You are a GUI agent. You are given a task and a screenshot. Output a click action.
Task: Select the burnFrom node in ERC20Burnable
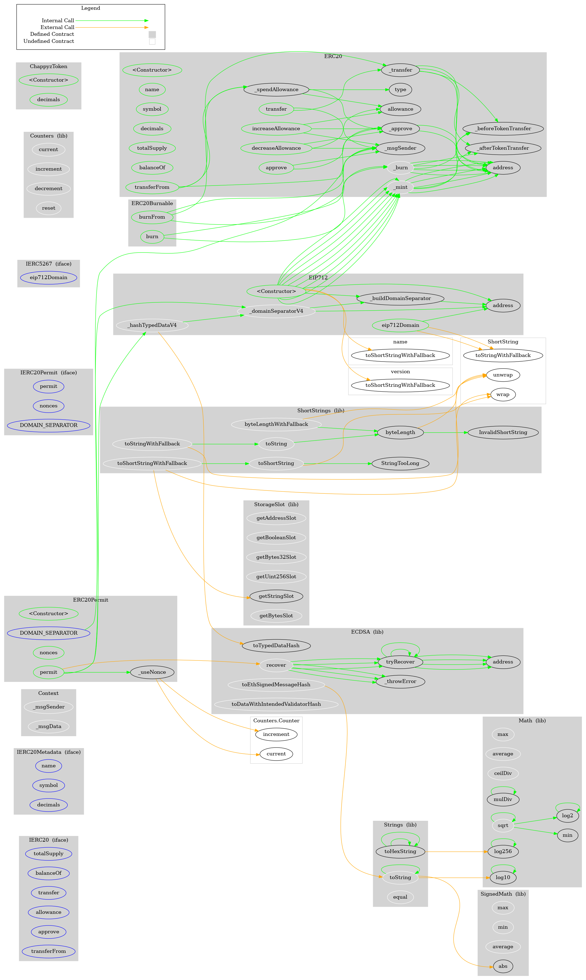(152, 217)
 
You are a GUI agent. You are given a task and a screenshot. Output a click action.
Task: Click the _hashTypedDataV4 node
(152, 325)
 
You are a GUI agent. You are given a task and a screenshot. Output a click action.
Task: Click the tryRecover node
(400, 662)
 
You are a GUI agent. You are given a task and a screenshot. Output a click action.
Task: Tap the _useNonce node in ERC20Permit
(152, 672)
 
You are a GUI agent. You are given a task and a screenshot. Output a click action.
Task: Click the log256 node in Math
(503, 851)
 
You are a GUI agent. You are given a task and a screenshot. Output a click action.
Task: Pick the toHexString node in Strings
(400, 851)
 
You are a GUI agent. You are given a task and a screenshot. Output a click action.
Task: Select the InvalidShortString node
(503, 432)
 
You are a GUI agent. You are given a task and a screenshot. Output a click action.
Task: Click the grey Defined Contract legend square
(152, 34)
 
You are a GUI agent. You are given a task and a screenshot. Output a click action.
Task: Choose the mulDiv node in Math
(503, 799)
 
